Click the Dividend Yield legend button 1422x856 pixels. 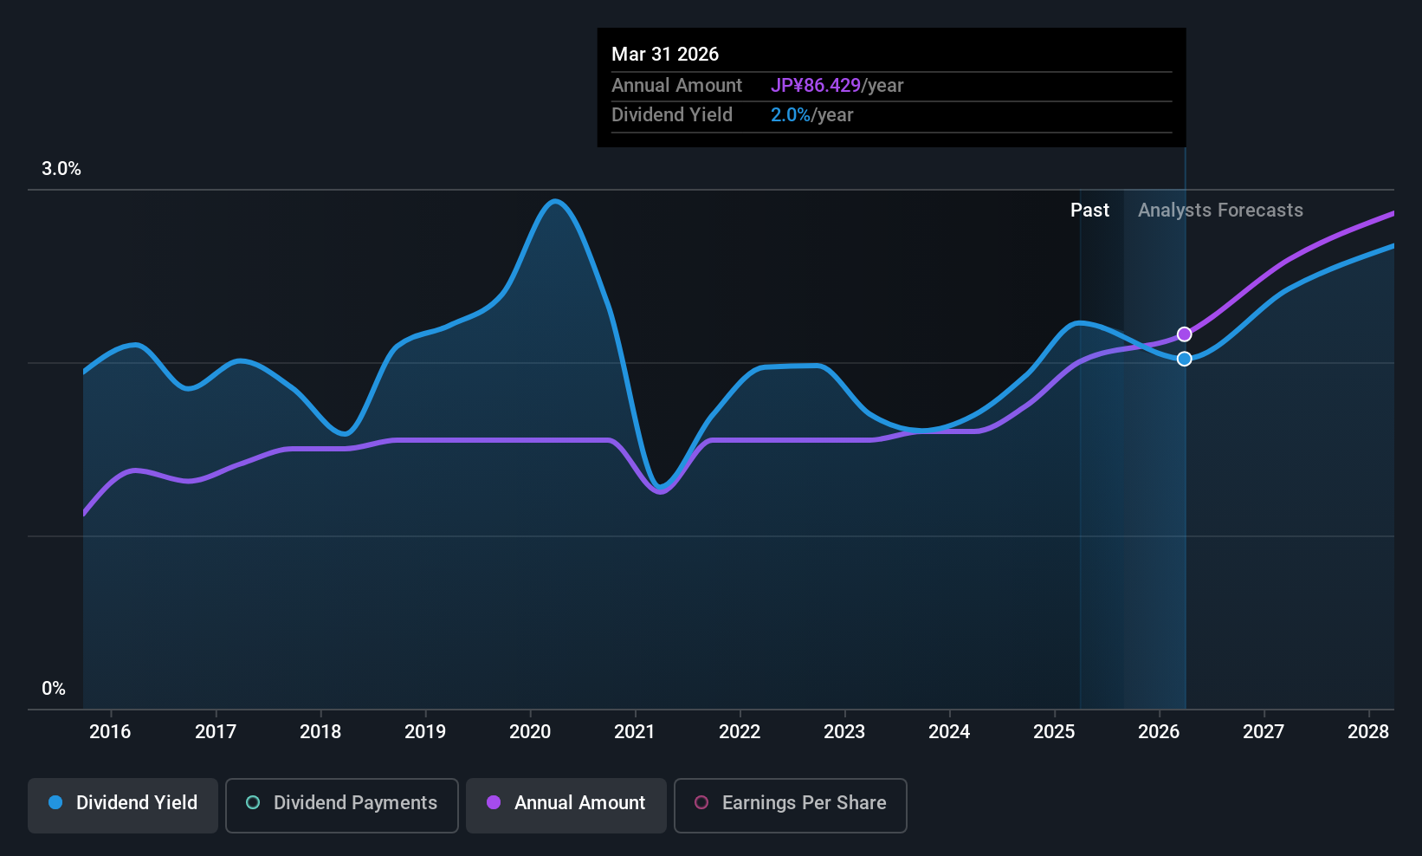point(123,803)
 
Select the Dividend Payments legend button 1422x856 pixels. point(341,803)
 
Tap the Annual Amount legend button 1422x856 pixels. point(566,803)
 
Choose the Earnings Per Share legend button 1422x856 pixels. point(790,803)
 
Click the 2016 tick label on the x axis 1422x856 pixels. point(110,732)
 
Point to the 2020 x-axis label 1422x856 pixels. point(530,732)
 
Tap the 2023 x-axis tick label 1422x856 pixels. point(844,732)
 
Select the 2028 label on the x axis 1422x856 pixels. point(1368,732)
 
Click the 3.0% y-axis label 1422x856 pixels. point(61,169)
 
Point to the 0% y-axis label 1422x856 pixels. point(54,689)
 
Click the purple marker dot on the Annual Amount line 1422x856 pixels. point(1185,334)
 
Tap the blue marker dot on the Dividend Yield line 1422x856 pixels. point(1185,359)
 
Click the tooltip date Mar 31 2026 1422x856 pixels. point(665,55)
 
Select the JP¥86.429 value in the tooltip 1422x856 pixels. point(816,86)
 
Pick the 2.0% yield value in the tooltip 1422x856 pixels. point(791,115)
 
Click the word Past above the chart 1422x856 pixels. point(1089,211)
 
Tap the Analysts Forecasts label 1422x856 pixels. point(1220,211)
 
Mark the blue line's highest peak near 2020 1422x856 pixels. point(555,201)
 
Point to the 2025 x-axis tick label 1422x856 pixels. point(1054,732)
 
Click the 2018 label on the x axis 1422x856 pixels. point(320,732)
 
